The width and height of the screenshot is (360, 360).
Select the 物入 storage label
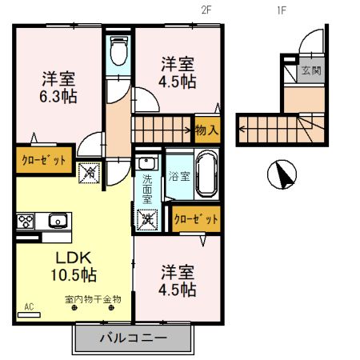click(206, 129)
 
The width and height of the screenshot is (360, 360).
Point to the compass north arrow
click(281, 172)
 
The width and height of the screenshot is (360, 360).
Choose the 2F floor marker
click(206, 10)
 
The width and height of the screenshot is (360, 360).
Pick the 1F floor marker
click(281, 10)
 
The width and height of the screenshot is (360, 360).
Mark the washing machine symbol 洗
click(146, 218)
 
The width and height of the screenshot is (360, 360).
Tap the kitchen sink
click(56, 221)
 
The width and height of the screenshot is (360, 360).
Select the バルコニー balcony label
click(134, 338)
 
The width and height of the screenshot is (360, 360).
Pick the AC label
click(29, 306)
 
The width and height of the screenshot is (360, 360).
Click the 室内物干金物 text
click(93, 300)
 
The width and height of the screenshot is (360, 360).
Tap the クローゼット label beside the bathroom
click(195, 217)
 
